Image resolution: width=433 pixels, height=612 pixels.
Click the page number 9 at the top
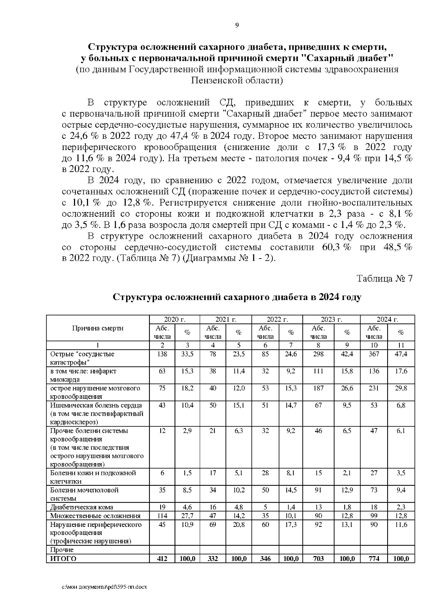pyautogui.click(x=237, y=25)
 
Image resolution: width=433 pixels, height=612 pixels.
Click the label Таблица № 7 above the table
pyautogui.click(x=384, y=278)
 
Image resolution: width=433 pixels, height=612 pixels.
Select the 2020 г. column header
pyautogui.click(x=175, y=320)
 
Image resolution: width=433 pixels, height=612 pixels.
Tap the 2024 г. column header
pyautogui.click(x=387, y=320)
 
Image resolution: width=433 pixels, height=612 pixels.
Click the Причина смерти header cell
pyautogui.click(x=98, y=328)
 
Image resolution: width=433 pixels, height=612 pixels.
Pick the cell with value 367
pyautogui.click(x=374, y=354)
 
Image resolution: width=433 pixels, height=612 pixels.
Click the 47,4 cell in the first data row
pyautogui.click(x=401, y=354)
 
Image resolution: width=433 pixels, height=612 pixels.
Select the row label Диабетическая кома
pyautogui.click(x=82, y=507)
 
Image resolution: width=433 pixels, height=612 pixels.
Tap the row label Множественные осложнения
pyautogui.click(x=95, y=516)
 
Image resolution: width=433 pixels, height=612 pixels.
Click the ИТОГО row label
pyautogui.click(x=64, y=559)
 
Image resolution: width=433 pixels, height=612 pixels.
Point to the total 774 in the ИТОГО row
pyautogui.click(x=374, y=559)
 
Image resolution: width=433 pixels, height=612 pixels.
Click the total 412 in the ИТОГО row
pyautogui.click(x=162, y=559)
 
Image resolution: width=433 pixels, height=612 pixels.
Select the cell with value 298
pyautogui.click(x=318, y=354)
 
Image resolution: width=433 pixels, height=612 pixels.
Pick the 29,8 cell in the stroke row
pyautogui.click(x=401, y=388)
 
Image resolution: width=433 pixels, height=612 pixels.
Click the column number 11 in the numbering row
pyautogui.click(x=401, y=345)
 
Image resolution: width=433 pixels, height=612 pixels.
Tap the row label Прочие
pyautogui.click(x=62, y=550)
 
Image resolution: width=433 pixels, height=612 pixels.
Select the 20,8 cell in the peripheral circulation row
pyautogui.click(x=239, y=524)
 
